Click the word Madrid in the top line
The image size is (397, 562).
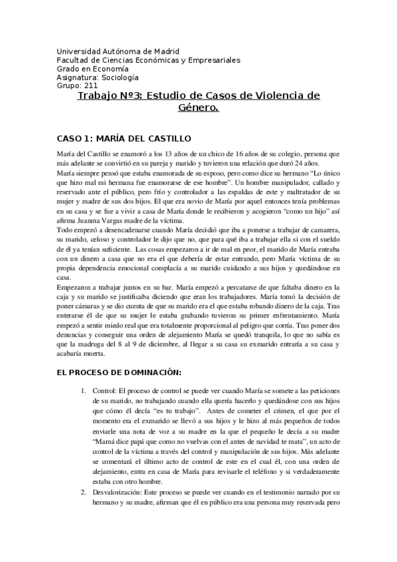pos(166,51)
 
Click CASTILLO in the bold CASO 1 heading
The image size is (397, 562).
pos(166,139)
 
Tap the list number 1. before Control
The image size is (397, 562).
pos(101,388)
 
